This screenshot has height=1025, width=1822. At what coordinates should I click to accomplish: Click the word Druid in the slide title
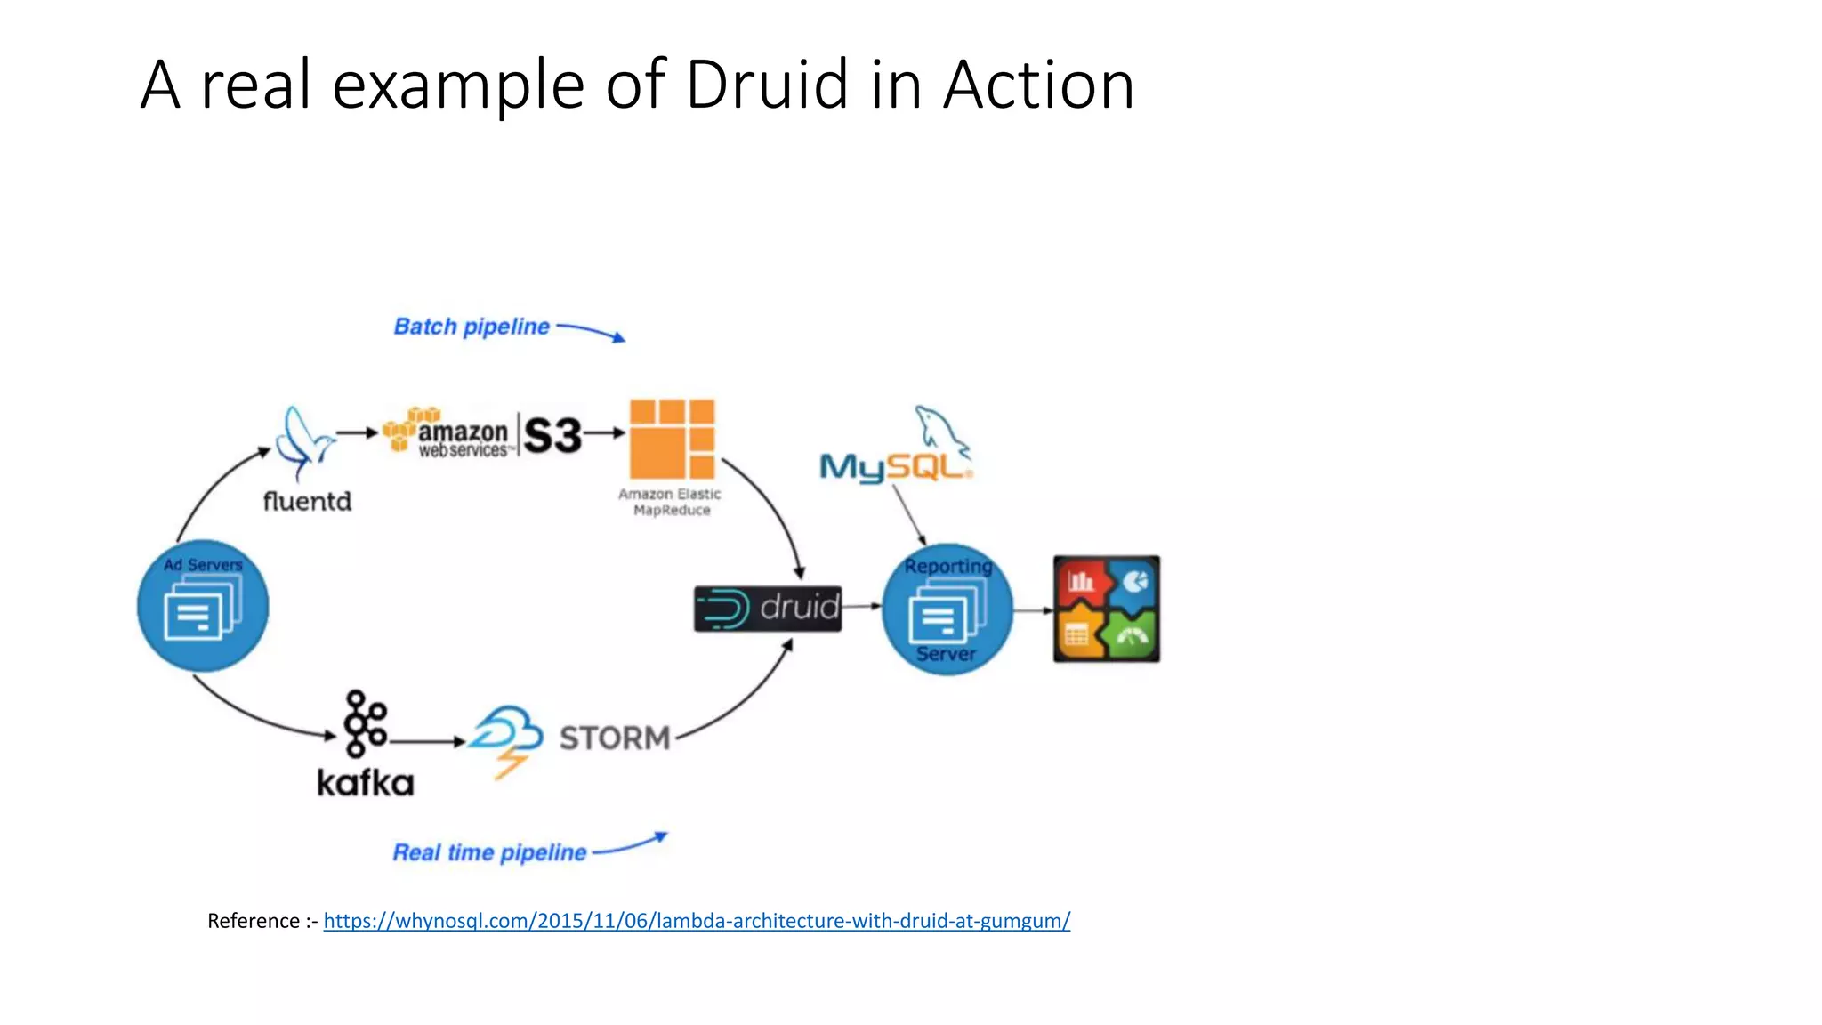pos(767,85)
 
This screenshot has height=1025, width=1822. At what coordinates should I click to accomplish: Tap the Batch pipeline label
pos(472,327)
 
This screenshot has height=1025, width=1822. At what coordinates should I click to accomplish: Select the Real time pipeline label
pos(489,852)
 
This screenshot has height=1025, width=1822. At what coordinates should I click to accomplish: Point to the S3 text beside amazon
pos(552,435)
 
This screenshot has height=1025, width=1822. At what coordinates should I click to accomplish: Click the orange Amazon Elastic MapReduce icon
pos(672,439)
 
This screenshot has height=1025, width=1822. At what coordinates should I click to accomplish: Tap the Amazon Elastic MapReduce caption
pos(671,502)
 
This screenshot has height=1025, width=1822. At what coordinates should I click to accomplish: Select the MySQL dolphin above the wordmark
pos(941,430)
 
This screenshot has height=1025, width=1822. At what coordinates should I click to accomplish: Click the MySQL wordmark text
pos(894,467)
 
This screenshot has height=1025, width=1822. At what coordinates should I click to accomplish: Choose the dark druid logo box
pos(768,609)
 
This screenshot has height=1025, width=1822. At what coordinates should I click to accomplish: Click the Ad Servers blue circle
pos(203,606)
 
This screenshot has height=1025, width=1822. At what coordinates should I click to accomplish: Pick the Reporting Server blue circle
pos(947,609)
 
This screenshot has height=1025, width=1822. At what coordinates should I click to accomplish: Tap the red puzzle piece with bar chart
pos(1080,584)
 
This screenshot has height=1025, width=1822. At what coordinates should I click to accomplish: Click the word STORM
pos(615,738)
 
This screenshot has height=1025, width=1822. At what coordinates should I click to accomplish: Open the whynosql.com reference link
pos(697,921)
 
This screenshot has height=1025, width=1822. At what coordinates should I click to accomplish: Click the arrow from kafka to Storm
pos(427,741)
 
